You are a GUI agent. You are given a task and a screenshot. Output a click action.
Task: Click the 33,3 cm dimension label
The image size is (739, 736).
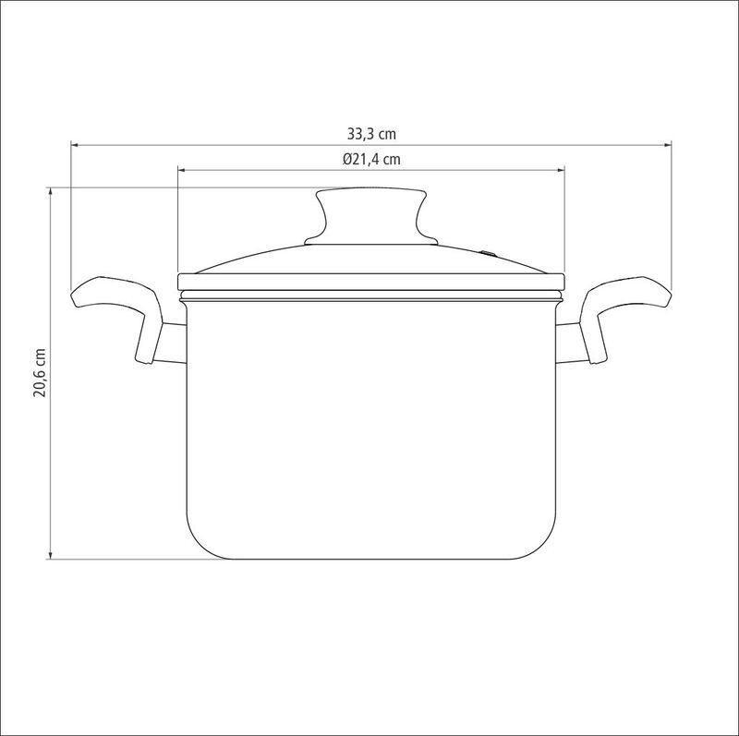[371, 134]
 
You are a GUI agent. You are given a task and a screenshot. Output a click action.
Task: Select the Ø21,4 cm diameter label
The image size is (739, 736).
[371, 159]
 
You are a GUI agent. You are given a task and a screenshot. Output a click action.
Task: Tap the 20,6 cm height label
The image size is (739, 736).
[40, 373]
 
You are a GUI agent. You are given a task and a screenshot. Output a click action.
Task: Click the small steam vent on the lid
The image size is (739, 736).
[489, 254]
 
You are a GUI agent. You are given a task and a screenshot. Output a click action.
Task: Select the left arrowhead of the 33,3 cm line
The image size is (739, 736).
[74, 145]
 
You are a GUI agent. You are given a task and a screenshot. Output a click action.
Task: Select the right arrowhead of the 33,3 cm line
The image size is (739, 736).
[668, 145]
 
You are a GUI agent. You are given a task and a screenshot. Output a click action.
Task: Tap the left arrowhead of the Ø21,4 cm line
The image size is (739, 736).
[181, 170]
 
